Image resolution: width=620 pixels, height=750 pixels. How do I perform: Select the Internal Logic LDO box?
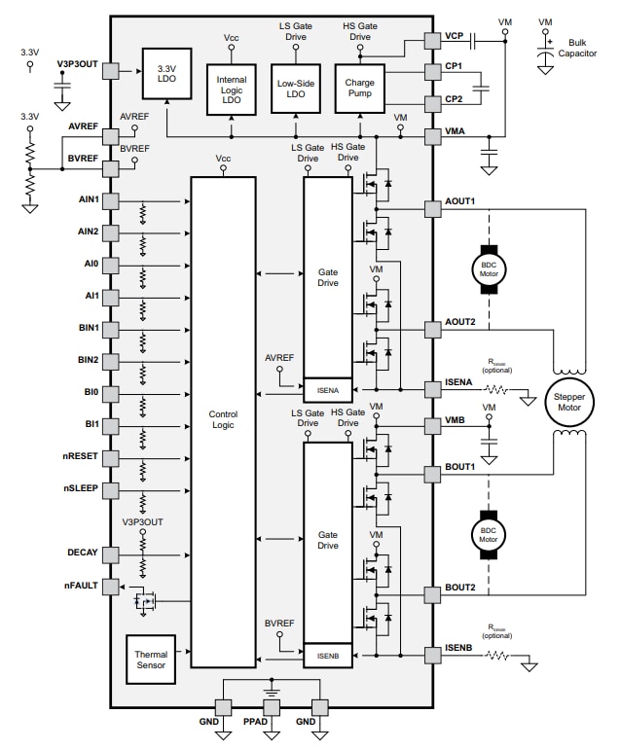click(232, 90)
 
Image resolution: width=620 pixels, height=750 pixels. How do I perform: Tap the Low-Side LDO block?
click(295, 90)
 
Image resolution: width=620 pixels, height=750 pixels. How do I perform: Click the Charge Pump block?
click(359, 90)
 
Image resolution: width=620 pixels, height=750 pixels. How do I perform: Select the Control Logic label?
click(223, 420)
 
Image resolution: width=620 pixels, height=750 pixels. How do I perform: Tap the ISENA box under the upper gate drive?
click(328, 389)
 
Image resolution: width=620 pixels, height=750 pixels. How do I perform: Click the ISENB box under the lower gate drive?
click(328, 657)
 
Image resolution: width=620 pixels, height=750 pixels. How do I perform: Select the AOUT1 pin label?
click(458, 201)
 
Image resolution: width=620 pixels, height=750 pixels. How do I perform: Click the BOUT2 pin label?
click(458, 588)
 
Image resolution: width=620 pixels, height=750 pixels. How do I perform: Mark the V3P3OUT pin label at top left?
click(77, 63)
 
